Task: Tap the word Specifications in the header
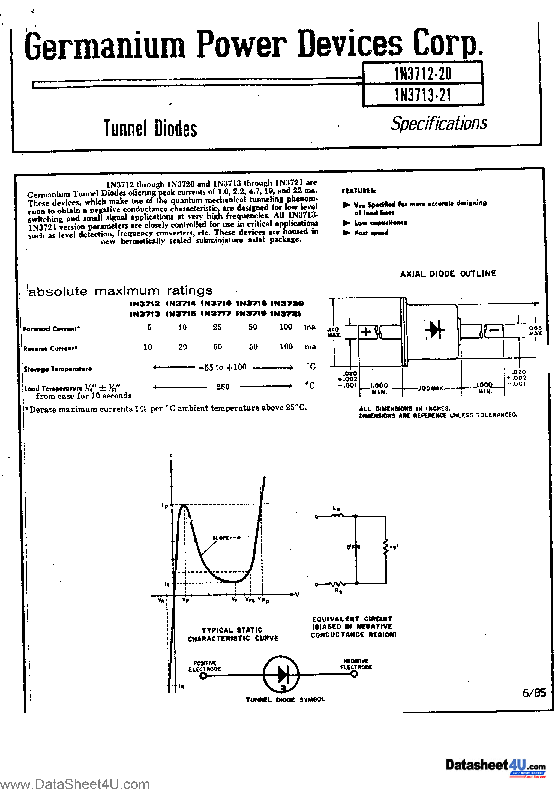click(x=439, y=123)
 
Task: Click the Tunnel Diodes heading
click(x=150, y=128)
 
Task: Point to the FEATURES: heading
click(x=359, y=191)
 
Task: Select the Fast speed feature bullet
click(x=371, y=233)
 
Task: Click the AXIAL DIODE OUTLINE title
click(x=448, y=274)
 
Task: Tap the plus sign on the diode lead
click(x=365, y=332)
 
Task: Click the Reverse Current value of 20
click(x=182, y=347)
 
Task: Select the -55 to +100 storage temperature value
click(x=223, y=367)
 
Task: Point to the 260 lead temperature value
click(x=223, y=387)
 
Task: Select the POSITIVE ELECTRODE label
click(x=204, y=666)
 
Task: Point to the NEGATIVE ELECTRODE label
click(x=356, y=664)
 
